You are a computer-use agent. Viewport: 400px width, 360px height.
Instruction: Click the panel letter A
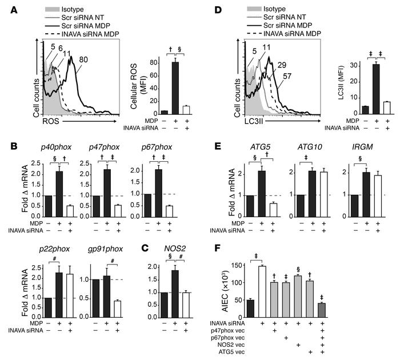click(x=9, y=8)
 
